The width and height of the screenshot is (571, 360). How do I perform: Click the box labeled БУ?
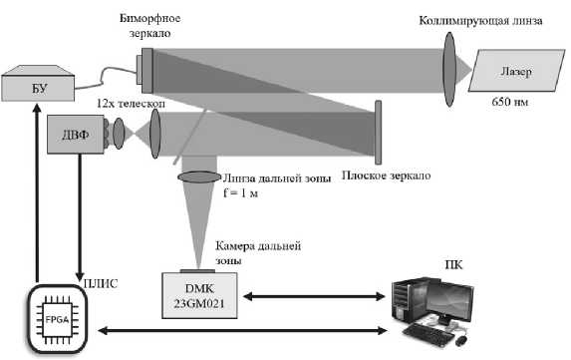[38, 88]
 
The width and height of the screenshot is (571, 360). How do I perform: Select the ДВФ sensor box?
[76, 134]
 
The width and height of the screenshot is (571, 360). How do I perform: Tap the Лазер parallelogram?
[516, 71]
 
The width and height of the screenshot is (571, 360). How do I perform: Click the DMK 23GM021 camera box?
[199, 295]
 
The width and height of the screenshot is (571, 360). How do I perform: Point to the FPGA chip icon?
[57, 319]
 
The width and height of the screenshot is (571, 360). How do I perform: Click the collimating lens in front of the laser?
[449, 69]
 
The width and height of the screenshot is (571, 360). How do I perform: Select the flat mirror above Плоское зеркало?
[379, 133]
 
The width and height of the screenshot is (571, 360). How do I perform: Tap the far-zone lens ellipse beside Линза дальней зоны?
[199, 178]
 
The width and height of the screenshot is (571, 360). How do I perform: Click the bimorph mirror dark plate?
[147, 71]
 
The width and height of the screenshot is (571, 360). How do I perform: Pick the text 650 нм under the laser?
[510, 102]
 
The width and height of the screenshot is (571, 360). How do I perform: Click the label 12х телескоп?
[131, 104]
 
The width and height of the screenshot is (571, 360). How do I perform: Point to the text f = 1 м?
[240, 192]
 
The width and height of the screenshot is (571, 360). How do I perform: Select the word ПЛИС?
[101, 283]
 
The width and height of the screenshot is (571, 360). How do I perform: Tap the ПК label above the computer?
[453, 264]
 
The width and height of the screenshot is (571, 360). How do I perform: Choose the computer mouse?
[461, 341]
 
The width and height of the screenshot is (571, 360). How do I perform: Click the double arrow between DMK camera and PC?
[314, 296]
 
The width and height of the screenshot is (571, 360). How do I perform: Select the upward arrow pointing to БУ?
[37, 192]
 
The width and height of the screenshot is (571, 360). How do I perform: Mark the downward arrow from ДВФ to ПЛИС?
[80, 217]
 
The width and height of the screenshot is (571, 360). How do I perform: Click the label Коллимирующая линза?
[480, 20]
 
